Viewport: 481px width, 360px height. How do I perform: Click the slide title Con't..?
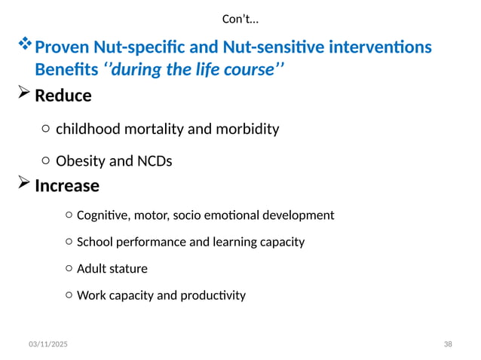[240, 18]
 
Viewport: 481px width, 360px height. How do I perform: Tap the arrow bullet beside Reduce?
[23, 95]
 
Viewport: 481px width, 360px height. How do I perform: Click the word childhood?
[90, 129]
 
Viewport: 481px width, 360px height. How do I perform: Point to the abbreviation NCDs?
[155, 161]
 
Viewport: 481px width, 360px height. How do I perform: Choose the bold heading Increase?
[67, 185]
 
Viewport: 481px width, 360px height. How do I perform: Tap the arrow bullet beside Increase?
[23, 184]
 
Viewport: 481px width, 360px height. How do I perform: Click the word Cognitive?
[103, 215]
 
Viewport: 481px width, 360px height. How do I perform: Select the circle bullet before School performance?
[69, 243]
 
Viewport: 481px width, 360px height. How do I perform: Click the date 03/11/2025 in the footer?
[48, 344]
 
